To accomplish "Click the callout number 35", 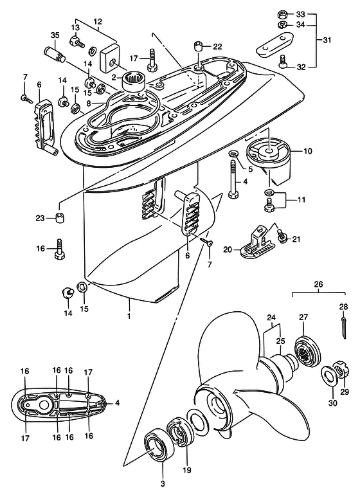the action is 55,35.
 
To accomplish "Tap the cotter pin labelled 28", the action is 345,329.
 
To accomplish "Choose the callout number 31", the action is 327,41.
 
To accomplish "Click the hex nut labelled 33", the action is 282,14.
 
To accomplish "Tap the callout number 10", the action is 308,151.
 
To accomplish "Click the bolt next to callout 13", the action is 76,42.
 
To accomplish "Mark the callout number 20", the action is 228,249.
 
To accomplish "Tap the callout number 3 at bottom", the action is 163,484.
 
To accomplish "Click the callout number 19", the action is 187,470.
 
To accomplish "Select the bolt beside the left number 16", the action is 60,248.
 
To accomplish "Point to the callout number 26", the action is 318,284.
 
